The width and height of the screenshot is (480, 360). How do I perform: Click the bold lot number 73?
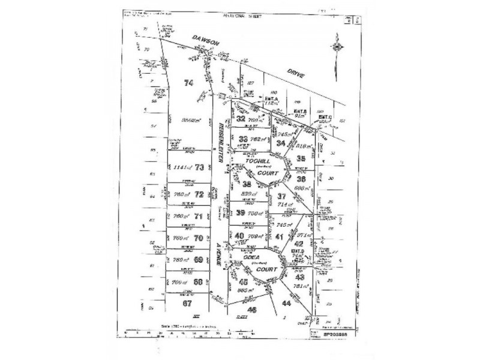coord(200,167)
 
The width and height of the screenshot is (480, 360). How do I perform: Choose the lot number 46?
coord(252,310)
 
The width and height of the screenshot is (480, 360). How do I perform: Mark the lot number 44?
coord(286,303)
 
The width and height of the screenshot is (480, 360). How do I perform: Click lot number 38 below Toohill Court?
coord(247,184)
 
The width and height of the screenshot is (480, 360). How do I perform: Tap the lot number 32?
coord(240,119)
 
